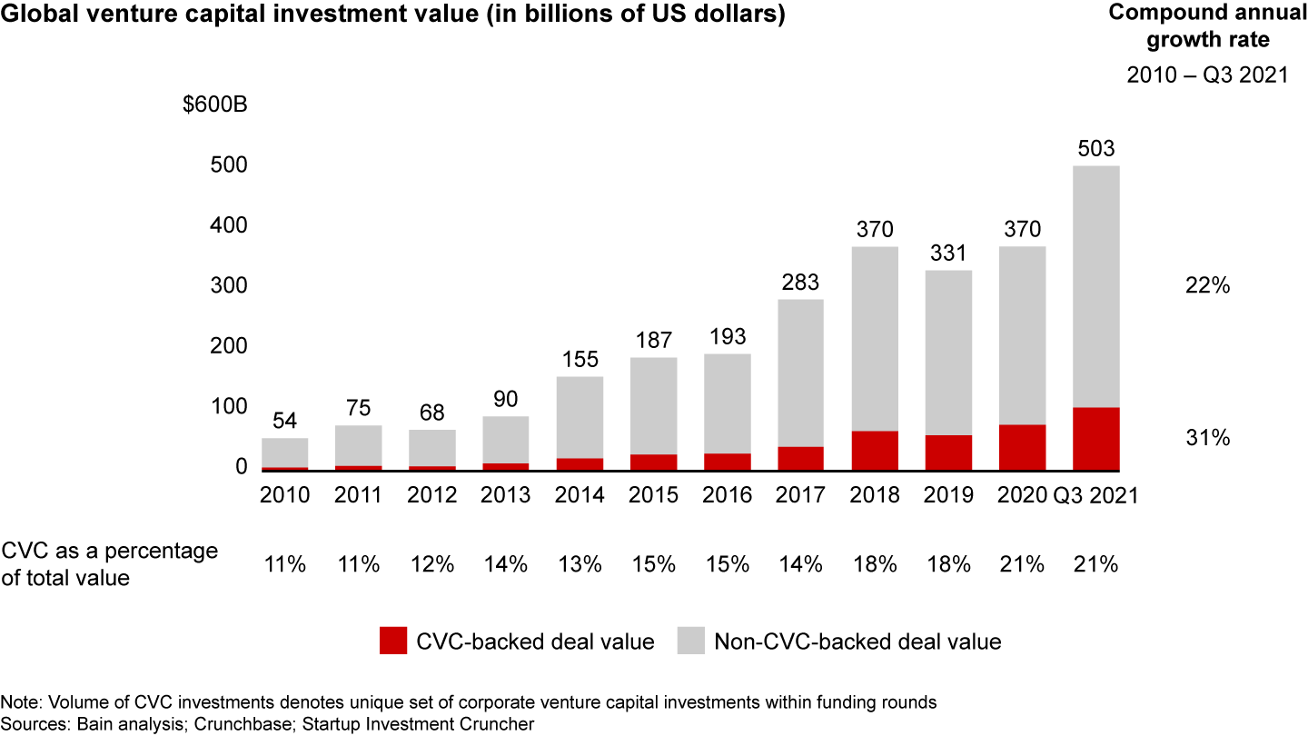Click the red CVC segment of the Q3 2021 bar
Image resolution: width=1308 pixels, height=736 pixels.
[1095, 439]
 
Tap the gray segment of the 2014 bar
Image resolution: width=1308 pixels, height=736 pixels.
[580, 417]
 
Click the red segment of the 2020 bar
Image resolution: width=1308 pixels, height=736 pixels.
[1022, 447]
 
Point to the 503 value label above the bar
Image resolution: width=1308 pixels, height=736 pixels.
[1095, 149]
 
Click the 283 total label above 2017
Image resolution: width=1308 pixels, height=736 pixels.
[801, 283]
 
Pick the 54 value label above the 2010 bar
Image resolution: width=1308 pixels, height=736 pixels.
[285, 422]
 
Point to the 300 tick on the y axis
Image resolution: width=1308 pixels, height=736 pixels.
[229, 285]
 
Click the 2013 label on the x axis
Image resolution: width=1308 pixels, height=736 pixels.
[506, 495]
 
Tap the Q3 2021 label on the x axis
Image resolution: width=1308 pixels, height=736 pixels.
[1095, 495]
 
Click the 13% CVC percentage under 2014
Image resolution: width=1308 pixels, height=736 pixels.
[580, 564]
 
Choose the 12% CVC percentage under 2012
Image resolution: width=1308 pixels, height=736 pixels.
[432, 564]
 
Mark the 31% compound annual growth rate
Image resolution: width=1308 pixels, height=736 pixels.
[1207, 438]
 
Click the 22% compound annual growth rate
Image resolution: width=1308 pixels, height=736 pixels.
[1207, 285]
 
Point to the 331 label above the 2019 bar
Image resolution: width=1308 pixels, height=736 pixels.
[948, 254]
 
